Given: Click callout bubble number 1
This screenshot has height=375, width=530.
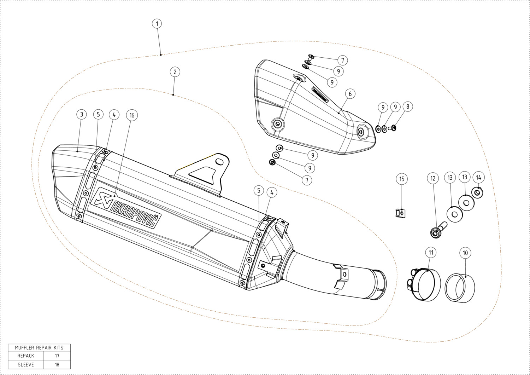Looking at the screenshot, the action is pyautogui.click(x=157, y=24).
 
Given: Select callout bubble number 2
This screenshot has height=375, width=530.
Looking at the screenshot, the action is pyautogui.click(x=175, y=72).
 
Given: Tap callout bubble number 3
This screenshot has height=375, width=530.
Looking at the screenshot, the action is pyautogui.click(x=82, y=114).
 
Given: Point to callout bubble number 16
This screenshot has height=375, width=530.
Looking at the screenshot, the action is pyautogui.click(x=132, y=115).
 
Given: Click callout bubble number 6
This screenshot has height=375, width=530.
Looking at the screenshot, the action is pyautogui.click(x=350, y=94).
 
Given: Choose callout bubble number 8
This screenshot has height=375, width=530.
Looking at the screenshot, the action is pyautogui.click(x=408, y=106).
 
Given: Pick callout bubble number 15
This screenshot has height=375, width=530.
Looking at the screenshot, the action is pyautogui.click(x=402, y=179).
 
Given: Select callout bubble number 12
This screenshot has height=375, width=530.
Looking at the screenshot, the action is pyautogui.click(x=433, y=178).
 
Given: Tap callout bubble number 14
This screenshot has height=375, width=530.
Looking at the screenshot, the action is pyautogui.click(x=478, y=178).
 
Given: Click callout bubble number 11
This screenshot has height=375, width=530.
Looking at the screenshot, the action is pyautogui.click(x=431, y=253).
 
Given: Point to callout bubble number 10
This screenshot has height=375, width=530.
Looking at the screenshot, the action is pyautogui.click(x=465, y=253).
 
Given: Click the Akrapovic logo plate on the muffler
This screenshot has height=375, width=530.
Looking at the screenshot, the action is pyautogui.click(x=126, y=208).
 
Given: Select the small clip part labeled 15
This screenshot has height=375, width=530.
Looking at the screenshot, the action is pyautogui.click(x=400, y=213).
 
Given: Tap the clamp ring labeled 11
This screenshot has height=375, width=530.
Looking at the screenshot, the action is pyautogui.click(x=424, y=285).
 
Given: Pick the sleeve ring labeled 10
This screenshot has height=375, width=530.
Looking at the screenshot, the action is pyautogui.click(x=460, y=288).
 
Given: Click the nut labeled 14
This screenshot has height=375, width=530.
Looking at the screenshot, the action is pyautogui.click(x=477, y=192).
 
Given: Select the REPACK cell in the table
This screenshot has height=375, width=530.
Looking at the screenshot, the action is pyautogui.click(x=26, y=356).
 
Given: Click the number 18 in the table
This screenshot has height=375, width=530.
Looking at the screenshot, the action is pyautogui.click(x=57, y=365).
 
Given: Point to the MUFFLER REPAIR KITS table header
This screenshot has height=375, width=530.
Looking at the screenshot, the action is pyautogui.click(x=39, y=348).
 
